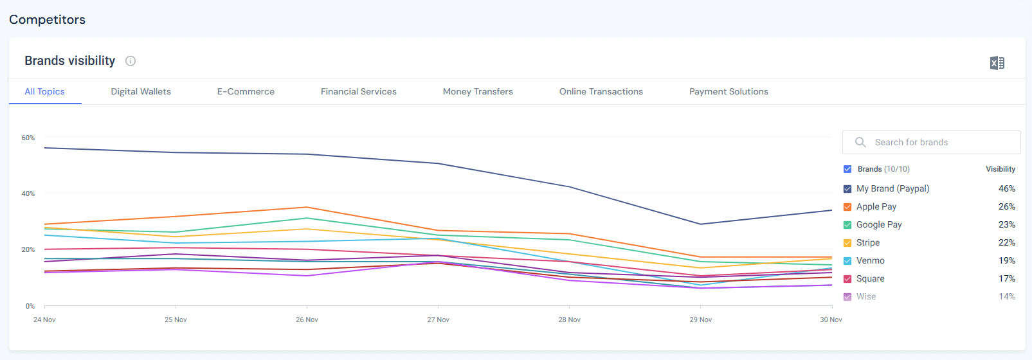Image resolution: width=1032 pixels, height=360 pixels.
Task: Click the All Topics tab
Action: coord(44,91)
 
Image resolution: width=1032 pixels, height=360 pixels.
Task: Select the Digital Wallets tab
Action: coord(141,91)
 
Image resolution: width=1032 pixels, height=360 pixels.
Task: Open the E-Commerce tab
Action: coord(246,91)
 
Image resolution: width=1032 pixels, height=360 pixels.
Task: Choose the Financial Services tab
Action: coord(358,91)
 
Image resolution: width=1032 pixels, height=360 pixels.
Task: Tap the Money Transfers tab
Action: coord(478,91)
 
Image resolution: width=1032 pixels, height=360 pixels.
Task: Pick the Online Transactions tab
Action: coord(601,91)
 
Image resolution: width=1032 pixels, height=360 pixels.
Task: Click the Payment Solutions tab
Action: coord(729,91)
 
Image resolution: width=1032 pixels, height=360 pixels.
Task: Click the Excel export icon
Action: coord(997,63)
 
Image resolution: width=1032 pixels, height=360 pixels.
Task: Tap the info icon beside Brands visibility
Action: coord(131,61)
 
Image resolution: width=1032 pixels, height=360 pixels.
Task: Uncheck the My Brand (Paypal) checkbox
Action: coord(847,189)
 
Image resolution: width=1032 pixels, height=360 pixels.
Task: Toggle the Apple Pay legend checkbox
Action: coord(847,207)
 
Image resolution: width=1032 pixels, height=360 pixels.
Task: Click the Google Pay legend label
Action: coord(878,224)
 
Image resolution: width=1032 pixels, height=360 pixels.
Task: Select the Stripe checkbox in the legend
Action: coord(847,243)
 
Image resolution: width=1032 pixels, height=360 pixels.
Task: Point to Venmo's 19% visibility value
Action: coord(1006,260)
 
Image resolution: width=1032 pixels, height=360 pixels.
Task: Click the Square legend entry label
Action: coord(870,278)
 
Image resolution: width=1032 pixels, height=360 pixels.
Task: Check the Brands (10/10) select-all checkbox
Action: coord(847,169)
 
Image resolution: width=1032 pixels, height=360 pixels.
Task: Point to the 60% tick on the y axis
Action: coord(28,138)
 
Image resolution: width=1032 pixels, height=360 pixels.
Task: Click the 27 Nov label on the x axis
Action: coord(438,319)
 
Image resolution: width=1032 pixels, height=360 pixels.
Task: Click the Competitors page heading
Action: coord(47,19)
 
